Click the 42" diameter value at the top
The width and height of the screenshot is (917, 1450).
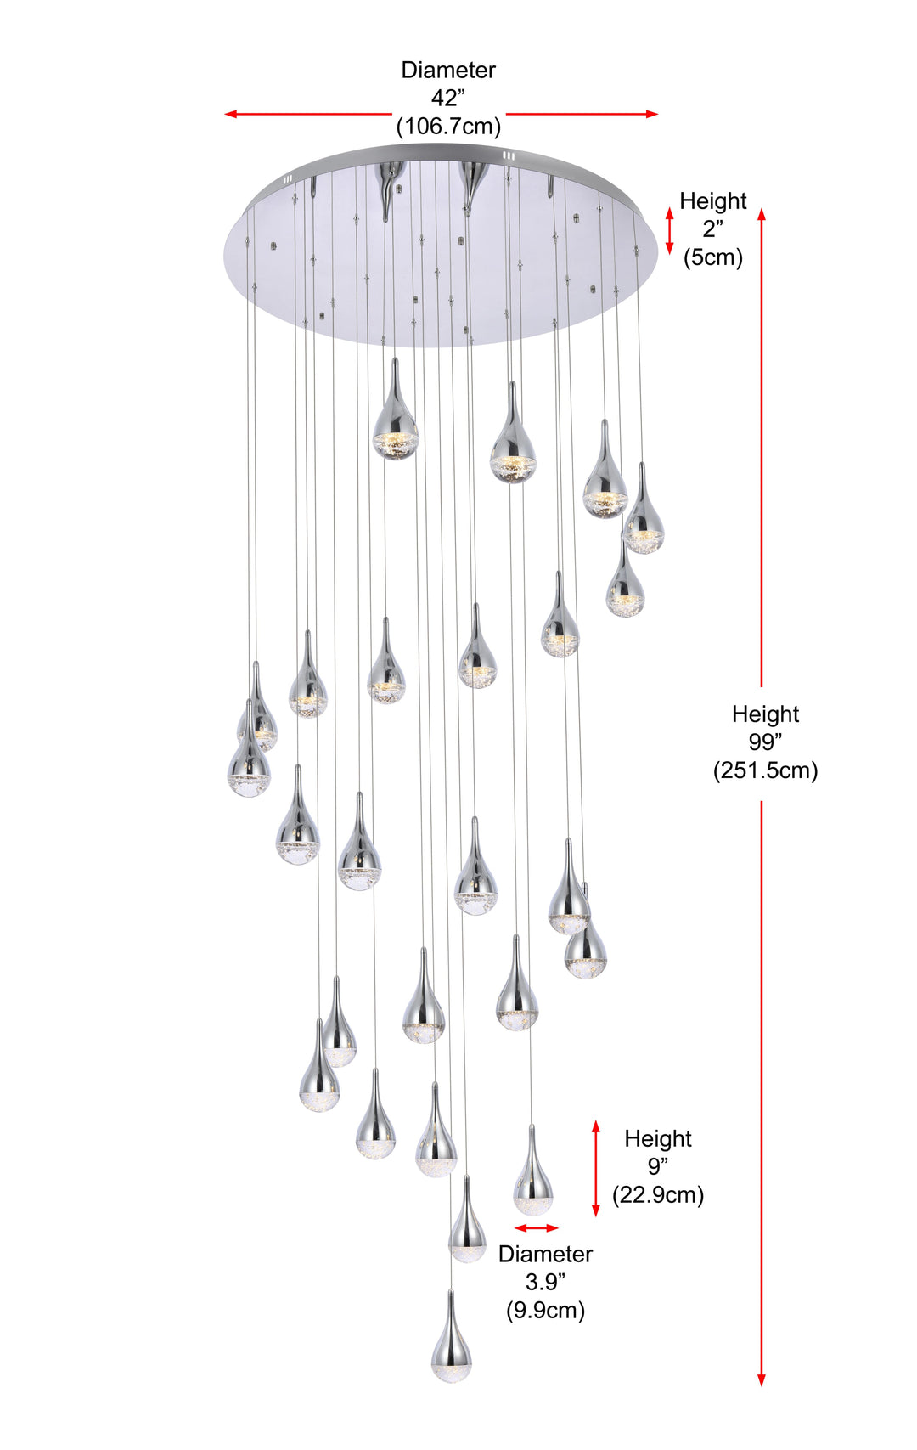pyautogui.click(x=447, y=98)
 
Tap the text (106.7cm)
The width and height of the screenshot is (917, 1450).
pyautogui.click(x=448, y=126)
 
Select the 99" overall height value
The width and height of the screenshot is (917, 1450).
pyautogui.click(x=765, y=742)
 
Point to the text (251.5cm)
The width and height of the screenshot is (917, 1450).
pyautogui.click(x=766, y=770)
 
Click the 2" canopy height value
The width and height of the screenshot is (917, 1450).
pyautogui.click(x=713, y=229)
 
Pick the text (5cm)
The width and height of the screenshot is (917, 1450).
pyautogui.click(x=713, y=257)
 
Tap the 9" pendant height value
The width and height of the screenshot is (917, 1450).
pyautogui.click(x=658, y=1166)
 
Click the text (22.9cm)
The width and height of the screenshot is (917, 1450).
pyautogui.click(x=658, y=1195)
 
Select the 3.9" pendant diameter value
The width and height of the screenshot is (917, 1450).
pyautogui.click(x=546, y=1282)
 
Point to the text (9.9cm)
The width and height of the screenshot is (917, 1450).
pyautogui.click(x=546, y=1310)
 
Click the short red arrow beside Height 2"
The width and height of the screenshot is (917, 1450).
pyautogui.click(x=670, y=230)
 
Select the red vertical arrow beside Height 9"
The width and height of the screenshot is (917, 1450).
pyautogui.click(x=596, y=1169)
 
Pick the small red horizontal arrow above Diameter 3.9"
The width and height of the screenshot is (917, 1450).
pyautogui.click(x=537, y=1228)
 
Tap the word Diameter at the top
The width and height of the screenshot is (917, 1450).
pyautogui.click(x=448, y=70)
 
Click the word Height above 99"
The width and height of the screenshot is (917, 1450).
pyautogui.click(x=766, y=714)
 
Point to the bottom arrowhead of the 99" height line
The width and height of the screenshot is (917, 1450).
pyautogui.click(x=761, y=1380)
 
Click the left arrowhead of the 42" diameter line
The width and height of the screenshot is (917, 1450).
pyautogui.click(x=230, y=114)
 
